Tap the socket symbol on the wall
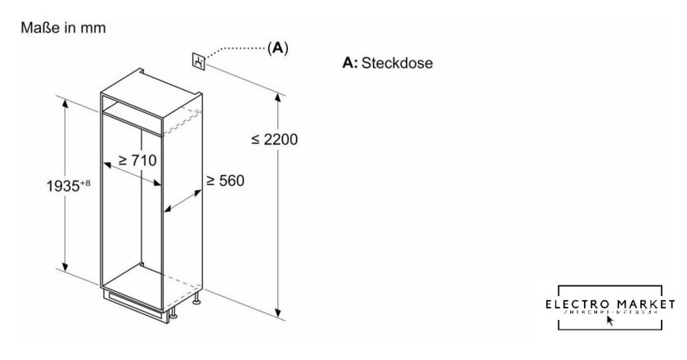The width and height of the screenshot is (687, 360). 198,61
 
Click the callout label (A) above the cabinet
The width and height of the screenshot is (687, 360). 278,49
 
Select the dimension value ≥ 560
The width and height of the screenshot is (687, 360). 225,180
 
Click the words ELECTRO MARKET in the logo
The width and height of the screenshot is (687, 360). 610,304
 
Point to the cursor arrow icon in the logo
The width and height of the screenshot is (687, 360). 609,320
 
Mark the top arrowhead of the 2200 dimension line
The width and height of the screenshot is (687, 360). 279,98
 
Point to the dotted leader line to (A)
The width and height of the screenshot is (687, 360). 237,49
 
